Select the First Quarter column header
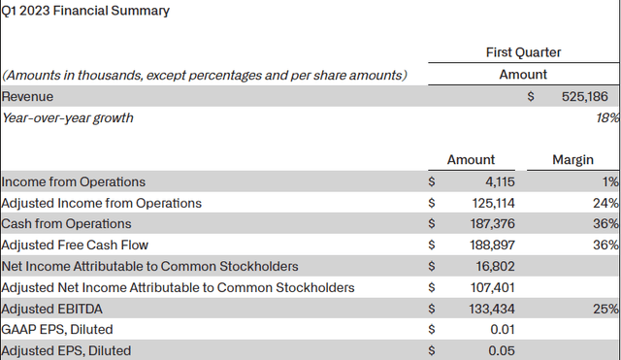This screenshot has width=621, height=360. (x=523, y=52)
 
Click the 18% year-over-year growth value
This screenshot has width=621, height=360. (x=607, y=118)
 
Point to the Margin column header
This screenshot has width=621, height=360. (x=572, y=160)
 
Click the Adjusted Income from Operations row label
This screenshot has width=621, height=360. (x=102, y=203)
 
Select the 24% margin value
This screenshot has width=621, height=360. (x=607, y=203)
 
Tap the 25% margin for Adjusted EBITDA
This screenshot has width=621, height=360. (x=607, y=309)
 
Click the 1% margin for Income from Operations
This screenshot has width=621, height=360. (x=610, y=181)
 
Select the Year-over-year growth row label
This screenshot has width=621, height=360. (x=68, y=118)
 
